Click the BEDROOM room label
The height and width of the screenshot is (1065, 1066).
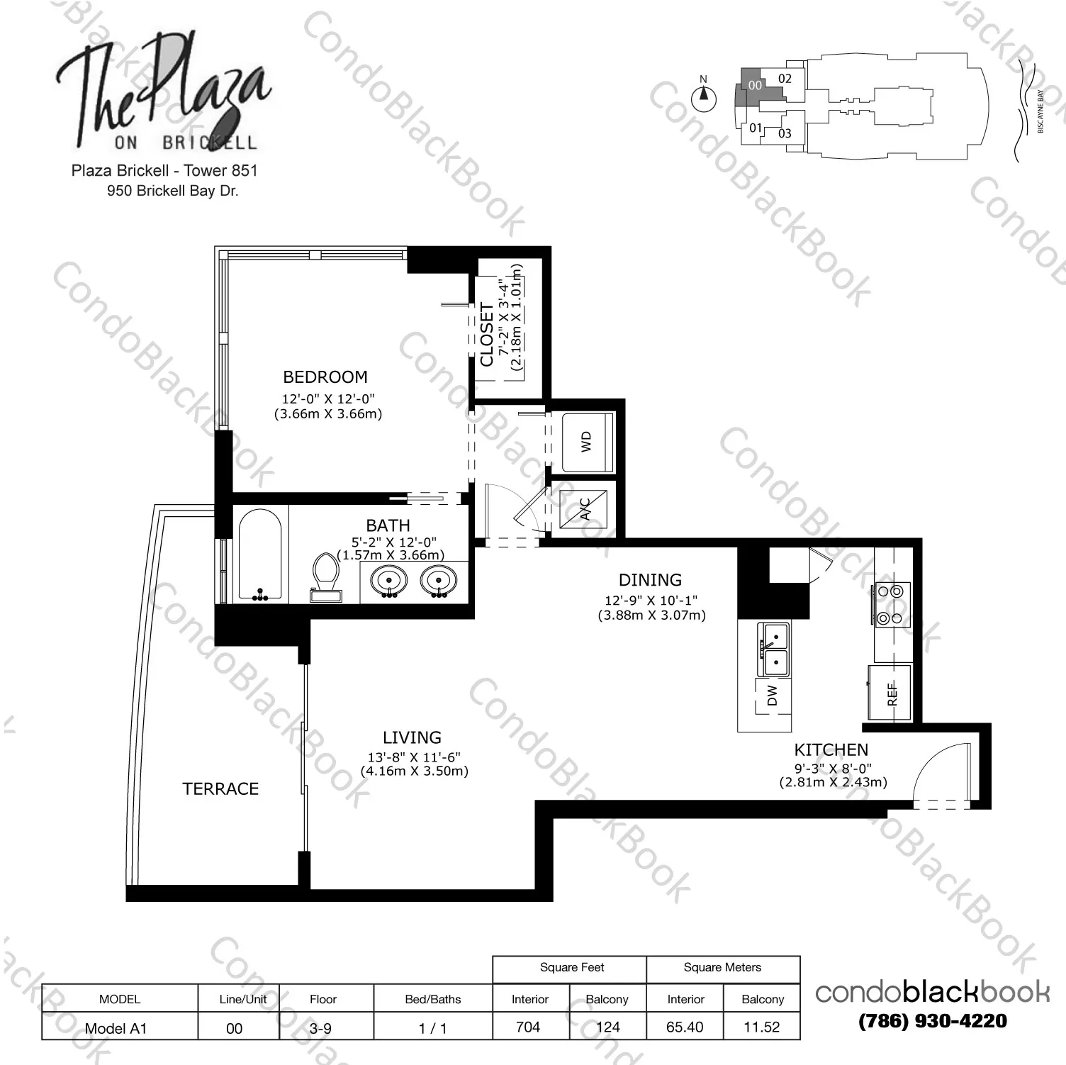325,377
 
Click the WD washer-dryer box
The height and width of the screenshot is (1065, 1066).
587,442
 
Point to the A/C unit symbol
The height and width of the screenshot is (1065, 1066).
584,509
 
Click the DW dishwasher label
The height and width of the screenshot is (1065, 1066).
772,696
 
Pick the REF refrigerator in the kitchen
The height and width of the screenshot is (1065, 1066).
891,693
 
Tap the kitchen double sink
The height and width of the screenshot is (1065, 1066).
775,649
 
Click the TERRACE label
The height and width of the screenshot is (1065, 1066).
220,789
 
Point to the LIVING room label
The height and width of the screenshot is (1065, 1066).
412,737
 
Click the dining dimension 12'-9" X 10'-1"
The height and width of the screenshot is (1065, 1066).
651,600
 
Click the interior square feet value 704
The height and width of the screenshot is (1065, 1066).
528,1027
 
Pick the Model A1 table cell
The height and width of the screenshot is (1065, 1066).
116,1028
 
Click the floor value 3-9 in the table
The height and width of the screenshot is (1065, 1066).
320,1028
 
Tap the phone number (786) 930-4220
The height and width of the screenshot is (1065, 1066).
932,1021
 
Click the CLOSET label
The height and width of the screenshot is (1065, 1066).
487,335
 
